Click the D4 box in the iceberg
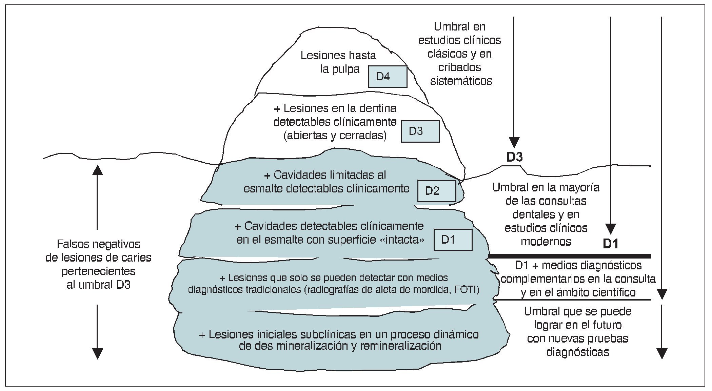tap(388, 77)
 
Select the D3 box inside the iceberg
tap(420, 131)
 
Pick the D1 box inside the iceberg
tap(453, 240)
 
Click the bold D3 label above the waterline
tap(514, 157)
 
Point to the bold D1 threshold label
tap(610, 244)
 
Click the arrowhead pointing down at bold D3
tap(514, 142)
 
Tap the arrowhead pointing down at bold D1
tap(611, 229)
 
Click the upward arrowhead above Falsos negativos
tap(97, 169)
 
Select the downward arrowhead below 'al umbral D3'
tap(97, 353)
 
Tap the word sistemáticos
tap(461, 81)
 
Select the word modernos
tap(546, 242)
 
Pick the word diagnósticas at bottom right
tap(577, 352)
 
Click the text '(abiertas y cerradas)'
tap(335, 136)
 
